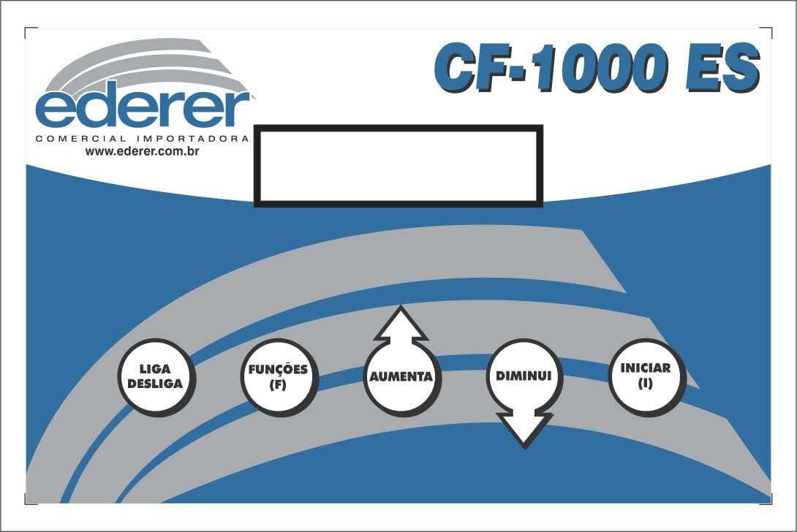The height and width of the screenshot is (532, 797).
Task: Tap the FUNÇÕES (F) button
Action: click(278, 377)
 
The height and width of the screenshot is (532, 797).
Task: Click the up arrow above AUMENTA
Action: click(401, 324)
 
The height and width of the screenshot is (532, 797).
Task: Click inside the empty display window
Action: click(398, 166)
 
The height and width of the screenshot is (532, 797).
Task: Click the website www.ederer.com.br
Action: click(143, 151)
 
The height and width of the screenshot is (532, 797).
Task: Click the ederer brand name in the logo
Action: click(143, 108)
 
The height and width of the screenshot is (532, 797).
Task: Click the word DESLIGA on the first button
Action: click(155, 383)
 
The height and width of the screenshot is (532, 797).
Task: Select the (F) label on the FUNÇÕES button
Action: click(278, 384)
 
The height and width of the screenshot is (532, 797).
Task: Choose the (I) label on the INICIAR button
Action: click(645, 383)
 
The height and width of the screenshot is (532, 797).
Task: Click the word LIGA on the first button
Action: click(155, 370)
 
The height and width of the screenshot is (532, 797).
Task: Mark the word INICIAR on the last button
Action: click(645, 368)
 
